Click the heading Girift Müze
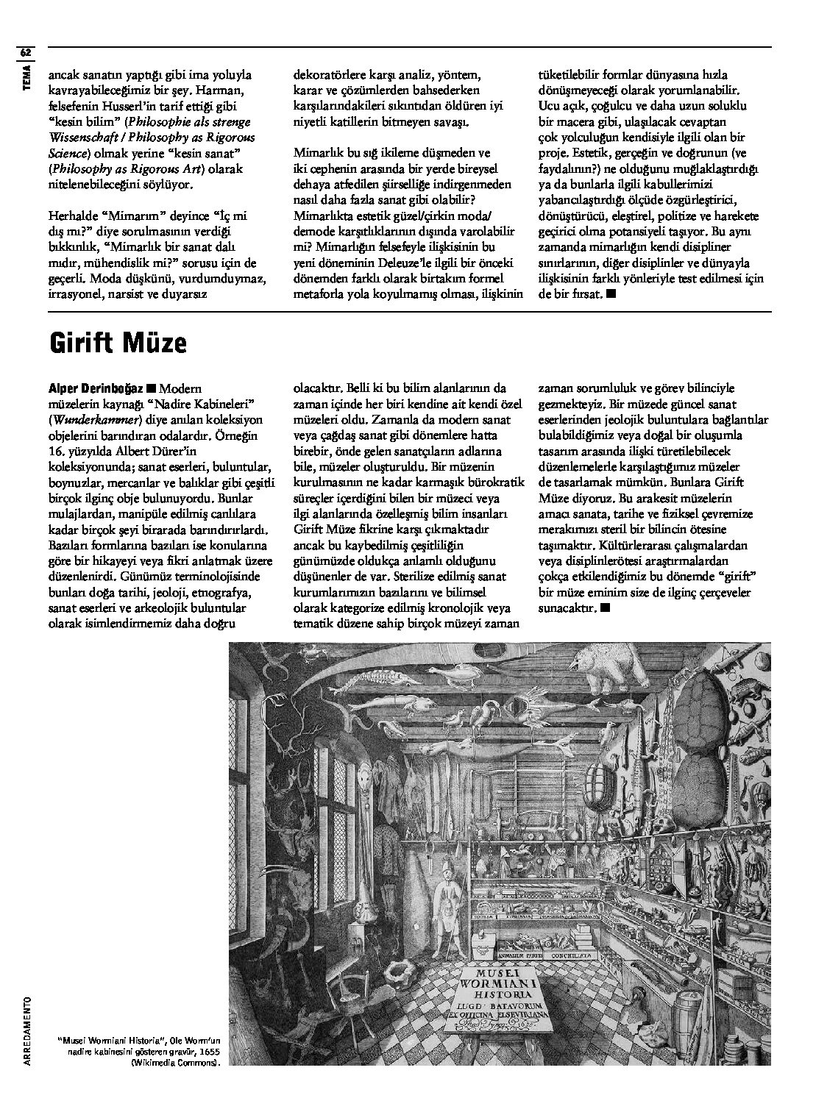point(118,343)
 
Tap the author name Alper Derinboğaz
point(95,388)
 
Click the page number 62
point(26,53)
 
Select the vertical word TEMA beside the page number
point(26,77)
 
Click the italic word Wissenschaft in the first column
point(84,138)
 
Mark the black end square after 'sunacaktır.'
point(605,607)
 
